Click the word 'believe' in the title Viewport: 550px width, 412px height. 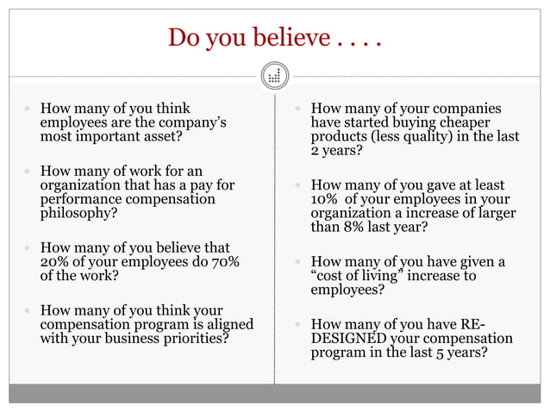click(x=284, y=38)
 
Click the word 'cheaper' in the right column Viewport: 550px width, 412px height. click(x=488, y=123)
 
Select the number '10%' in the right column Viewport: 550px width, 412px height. click(x=326, y=199)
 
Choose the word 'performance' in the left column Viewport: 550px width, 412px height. click(x=78, y=198)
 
